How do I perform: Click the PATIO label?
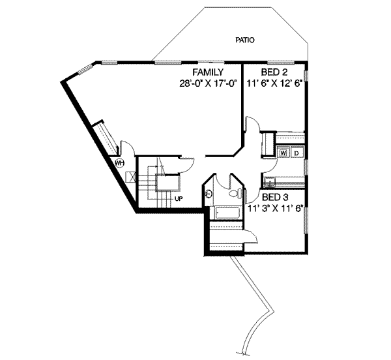tap(245, 40)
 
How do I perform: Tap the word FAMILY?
tap(208, 72)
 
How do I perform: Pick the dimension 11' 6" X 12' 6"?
tap(277, 83)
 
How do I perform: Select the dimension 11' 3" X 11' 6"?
tap(276, 208)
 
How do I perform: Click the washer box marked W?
tap(283, 153)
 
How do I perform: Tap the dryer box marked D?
tap(296, 153)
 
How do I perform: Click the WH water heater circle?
tap(120, 163)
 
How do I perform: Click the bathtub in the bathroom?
tap(224, 213)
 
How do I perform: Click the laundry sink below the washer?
tap(270, 180)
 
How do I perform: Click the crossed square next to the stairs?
tap(133, 176)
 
